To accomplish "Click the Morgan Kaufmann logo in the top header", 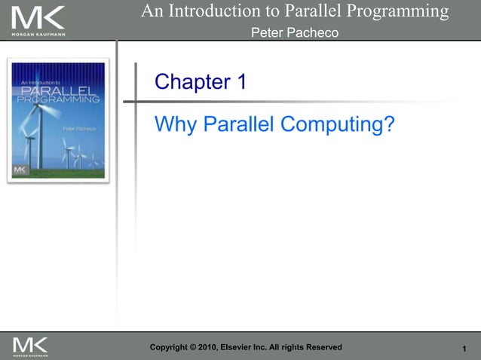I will (x=38, y=21).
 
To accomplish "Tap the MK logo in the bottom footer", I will (x=30, y=346).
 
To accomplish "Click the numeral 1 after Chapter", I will (x=240, y=82).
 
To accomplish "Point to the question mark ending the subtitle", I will (x=388, y=124).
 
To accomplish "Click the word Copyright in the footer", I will (x=172, y=347).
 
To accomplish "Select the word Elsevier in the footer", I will (x=254, y=347).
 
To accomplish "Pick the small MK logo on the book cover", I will (x=20, y=170).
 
